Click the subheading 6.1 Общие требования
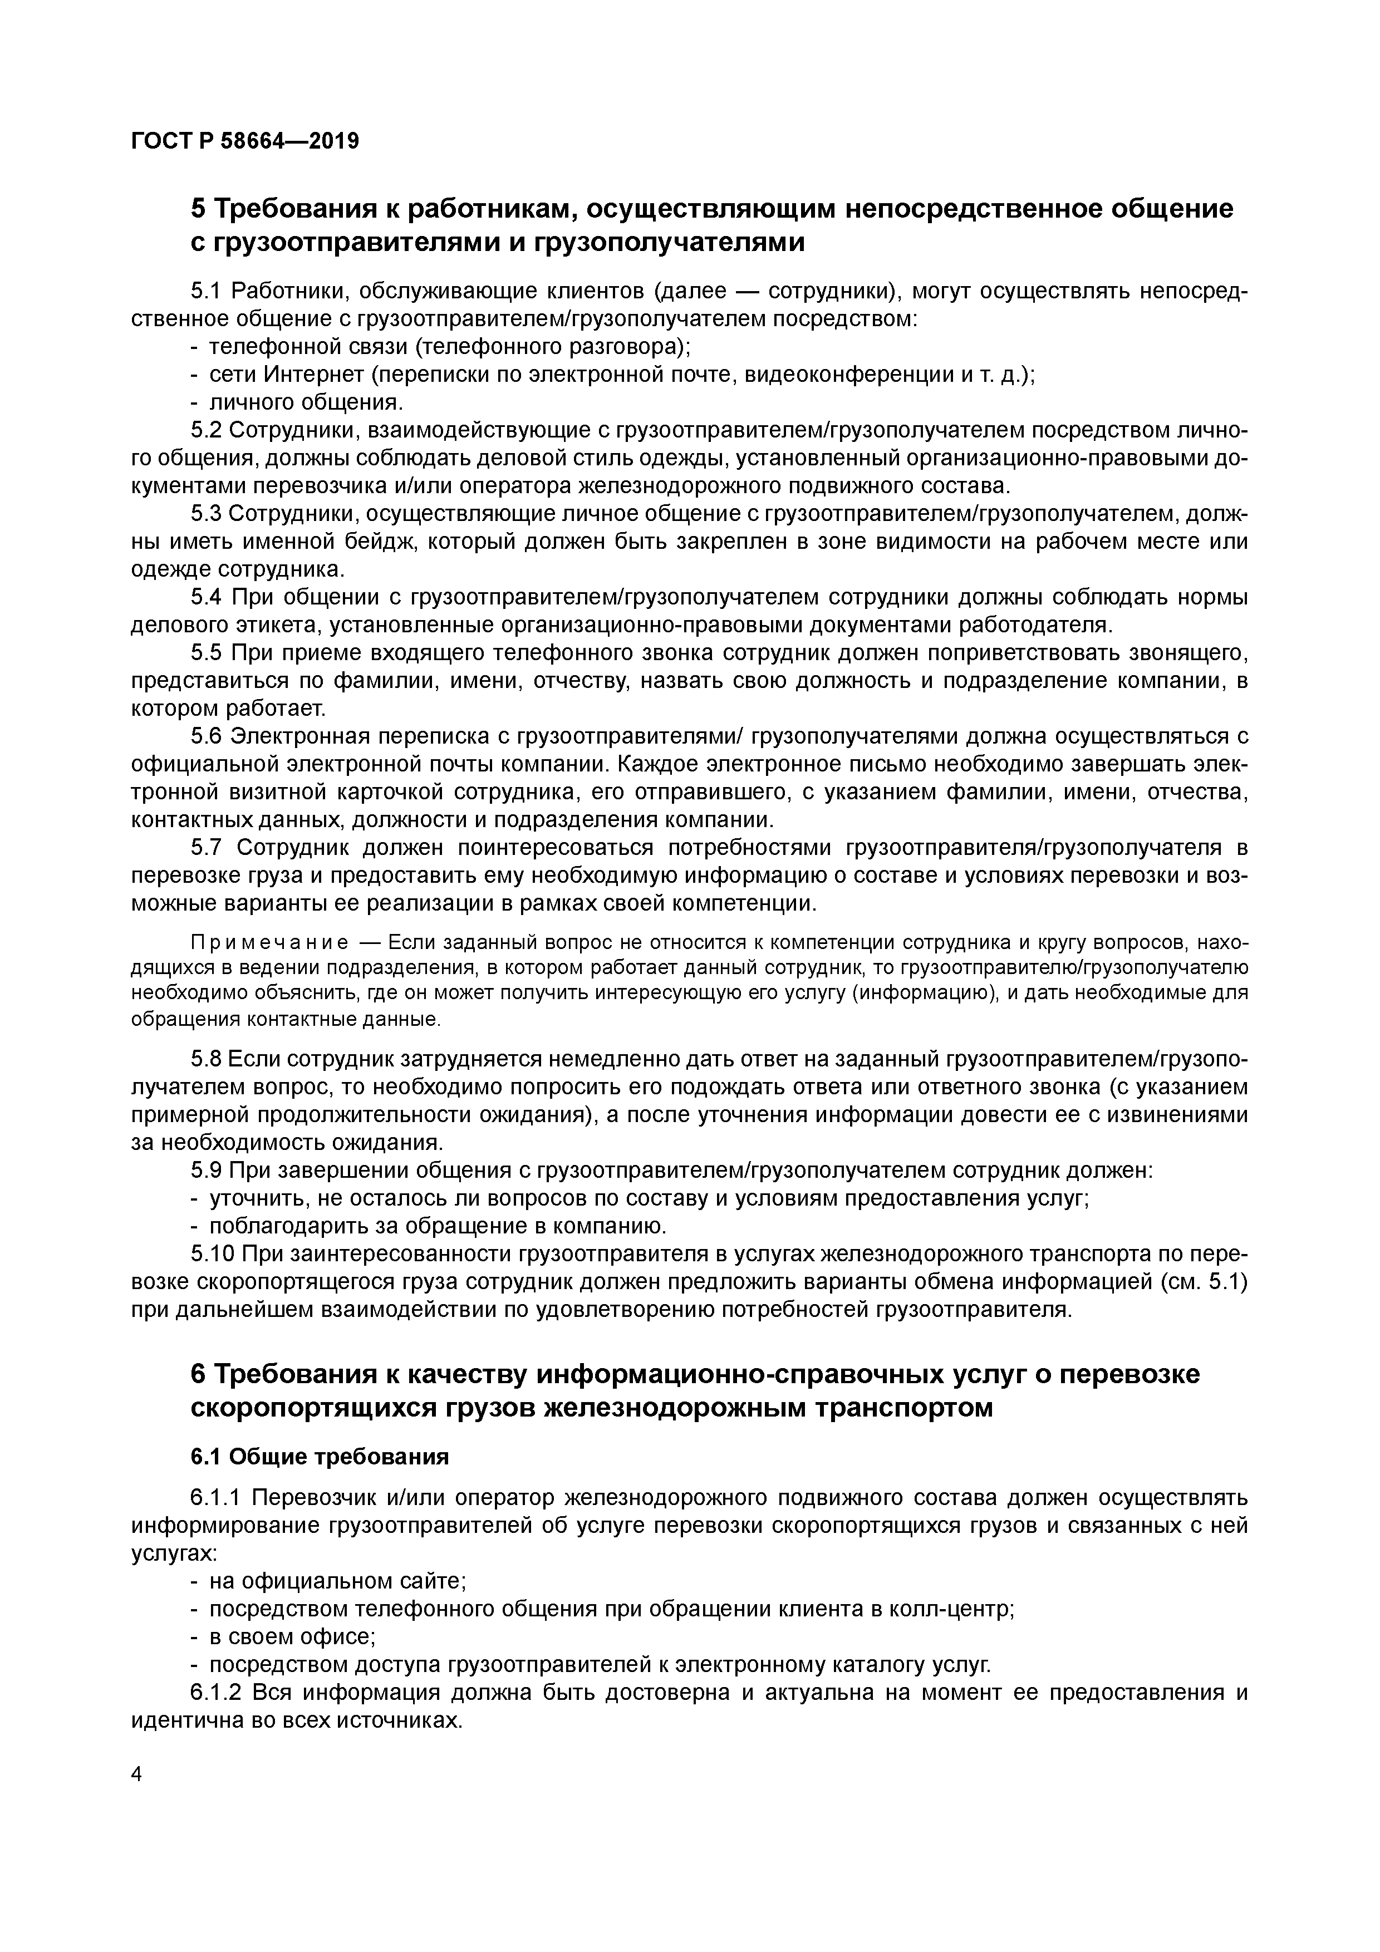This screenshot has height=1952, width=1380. click(319, 1457)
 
